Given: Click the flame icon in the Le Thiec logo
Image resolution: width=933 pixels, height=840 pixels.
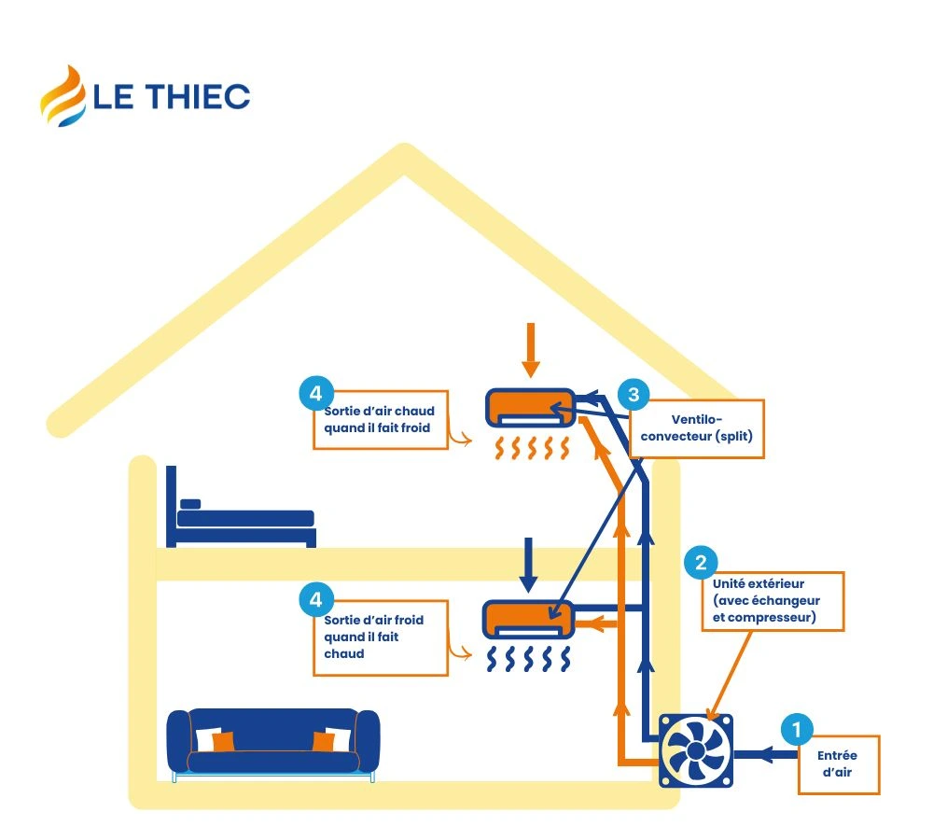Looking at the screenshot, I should tap(62, 95).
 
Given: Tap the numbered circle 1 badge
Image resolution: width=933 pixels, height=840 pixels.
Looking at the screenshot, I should tap(796, 729).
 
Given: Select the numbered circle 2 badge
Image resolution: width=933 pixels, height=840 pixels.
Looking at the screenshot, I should tap(701, 562).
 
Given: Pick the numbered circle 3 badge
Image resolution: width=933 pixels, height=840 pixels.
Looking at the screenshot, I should tap(634, 394).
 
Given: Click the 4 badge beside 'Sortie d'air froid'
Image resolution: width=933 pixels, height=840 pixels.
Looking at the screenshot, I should tap(315, 598).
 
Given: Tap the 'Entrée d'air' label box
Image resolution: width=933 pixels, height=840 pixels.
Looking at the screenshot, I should tap(838, 764).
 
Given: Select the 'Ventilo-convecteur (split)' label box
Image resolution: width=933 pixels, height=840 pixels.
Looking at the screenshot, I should tap(697, 428).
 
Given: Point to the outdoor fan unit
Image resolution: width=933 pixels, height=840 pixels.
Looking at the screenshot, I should tap(697, 750).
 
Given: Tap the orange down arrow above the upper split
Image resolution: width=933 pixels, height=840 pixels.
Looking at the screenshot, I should tap(531, 350).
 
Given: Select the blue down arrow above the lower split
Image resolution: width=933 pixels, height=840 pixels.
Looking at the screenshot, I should tap(528, 564).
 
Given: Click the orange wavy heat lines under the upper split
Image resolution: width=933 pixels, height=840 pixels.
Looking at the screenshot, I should tap(530, 449).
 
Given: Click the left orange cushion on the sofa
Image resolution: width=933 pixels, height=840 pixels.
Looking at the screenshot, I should tap(222, 741).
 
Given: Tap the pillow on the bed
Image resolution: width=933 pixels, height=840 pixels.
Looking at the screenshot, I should tap(190, 504).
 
